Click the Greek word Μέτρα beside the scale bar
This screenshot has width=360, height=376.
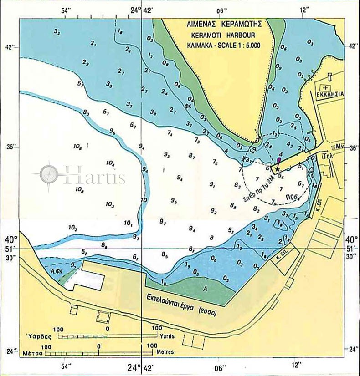(x=35, y=352)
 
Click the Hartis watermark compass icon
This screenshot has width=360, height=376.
(x=49, y=173)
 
